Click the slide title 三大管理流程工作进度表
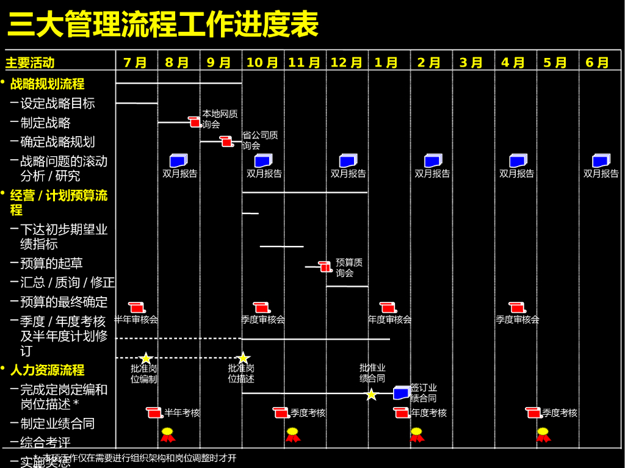(163, 26)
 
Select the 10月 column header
(262, 63)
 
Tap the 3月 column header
(471, 63)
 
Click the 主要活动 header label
(30, 63)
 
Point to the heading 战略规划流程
(47, 84)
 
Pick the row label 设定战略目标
(57, 104)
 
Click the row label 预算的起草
(51, 264)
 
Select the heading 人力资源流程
(47, 370)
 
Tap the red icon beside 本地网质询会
(195, 122)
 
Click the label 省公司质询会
(260, 140)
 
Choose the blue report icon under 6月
(601, 160)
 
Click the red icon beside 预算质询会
(325, 267)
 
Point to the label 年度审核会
(389, 320)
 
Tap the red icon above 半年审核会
(137, 308)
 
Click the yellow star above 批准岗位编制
(145, 358)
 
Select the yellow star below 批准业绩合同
(371, 395)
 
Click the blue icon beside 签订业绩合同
(401, 393)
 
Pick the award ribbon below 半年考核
(167, 434)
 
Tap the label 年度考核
(428, 413)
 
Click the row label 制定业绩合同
(57, 423)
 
